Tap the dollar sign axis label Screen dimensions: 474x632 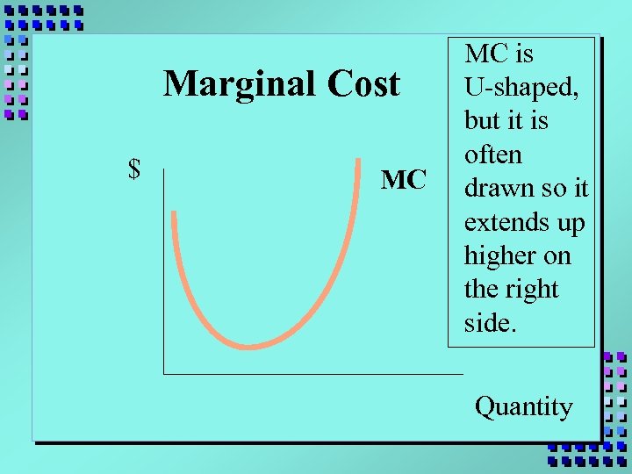[134, 169]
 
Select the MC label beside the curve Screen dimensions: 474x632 [404, 180]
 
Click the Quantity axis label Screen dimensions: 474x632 [523, 406]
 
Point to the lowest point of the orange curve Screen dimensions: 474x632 [250, 346]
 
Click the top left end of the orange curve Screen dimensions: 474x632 [175, 213]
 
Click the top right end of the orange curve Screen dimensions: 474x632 [360, 161]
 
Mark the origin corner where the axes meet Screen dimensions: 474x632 [163, 374]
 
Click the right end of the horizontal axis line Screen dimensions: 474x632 [462, 374]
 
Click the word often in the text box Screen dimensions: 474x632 [492, 154]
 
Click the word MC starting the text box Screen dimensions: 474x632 [486, 54]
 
